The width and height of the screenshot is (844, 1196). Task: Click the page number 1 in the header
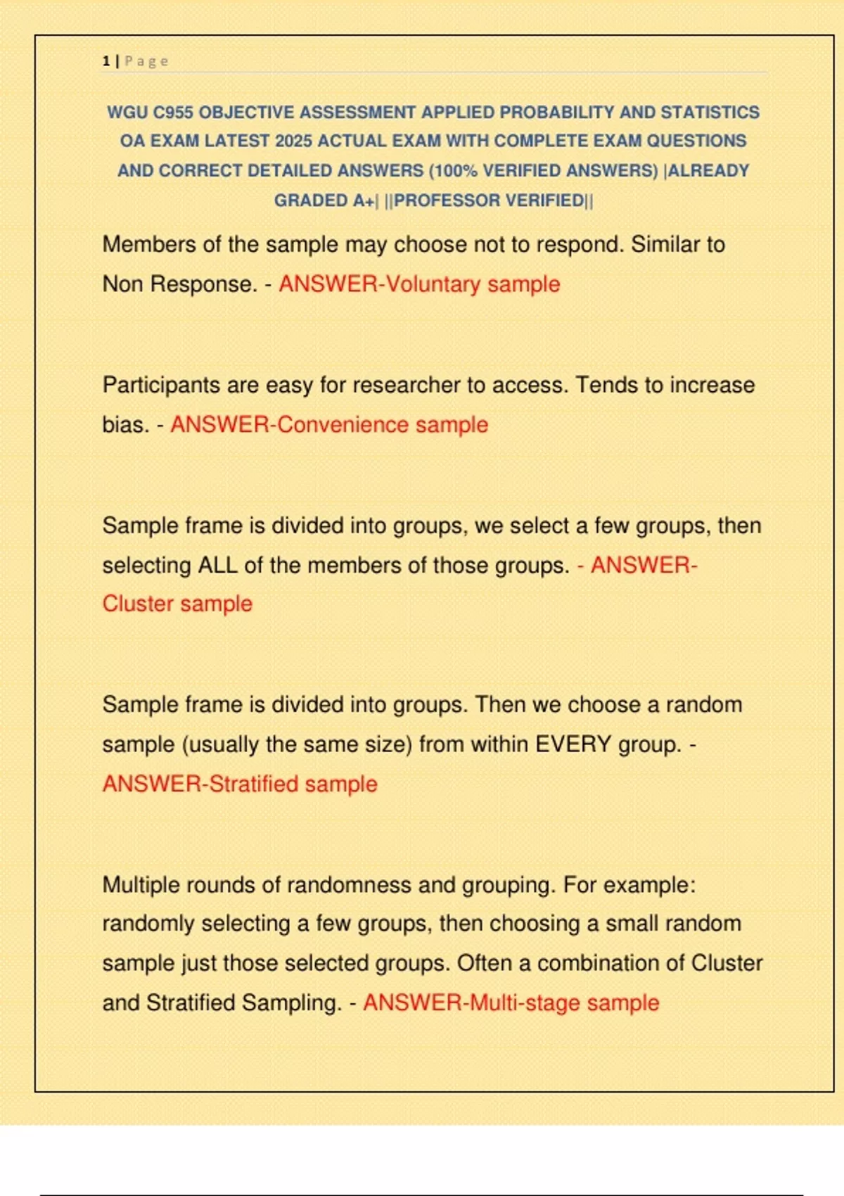coord(106,61)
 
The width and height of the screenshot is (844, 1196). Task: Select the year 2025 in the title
coord(293,141)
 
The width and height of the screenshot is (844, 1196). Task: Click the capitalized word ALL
coord(217,566)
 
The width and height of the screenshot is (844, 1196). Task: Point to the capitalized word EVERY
coord(573,744)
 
